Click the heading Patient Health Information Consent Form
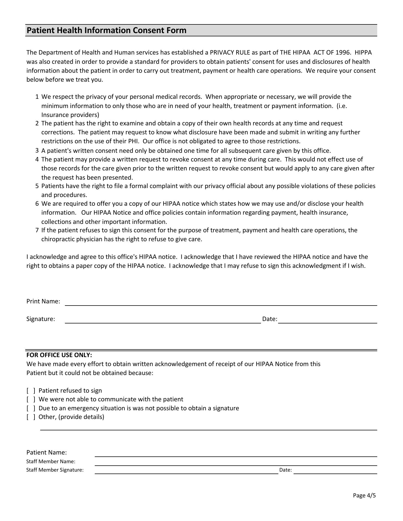(106, 30)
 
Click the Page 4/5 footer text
(364, 495)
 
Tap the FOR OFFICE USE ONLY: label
(59, 355)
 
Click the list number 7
(37, 230)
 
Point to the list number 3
(37, 151)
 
